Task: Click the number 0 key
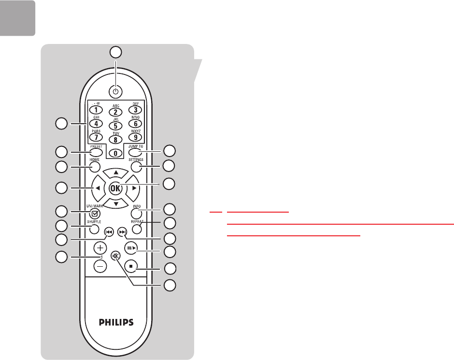click(115, 153)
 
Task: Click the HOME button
click(94, 167)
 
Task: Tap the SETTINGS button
click(137, 167)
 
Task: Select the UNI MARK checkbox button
click(95, 212)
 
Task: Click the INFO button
click(137, 213)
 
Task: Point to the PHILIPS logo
click(115, 321)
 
